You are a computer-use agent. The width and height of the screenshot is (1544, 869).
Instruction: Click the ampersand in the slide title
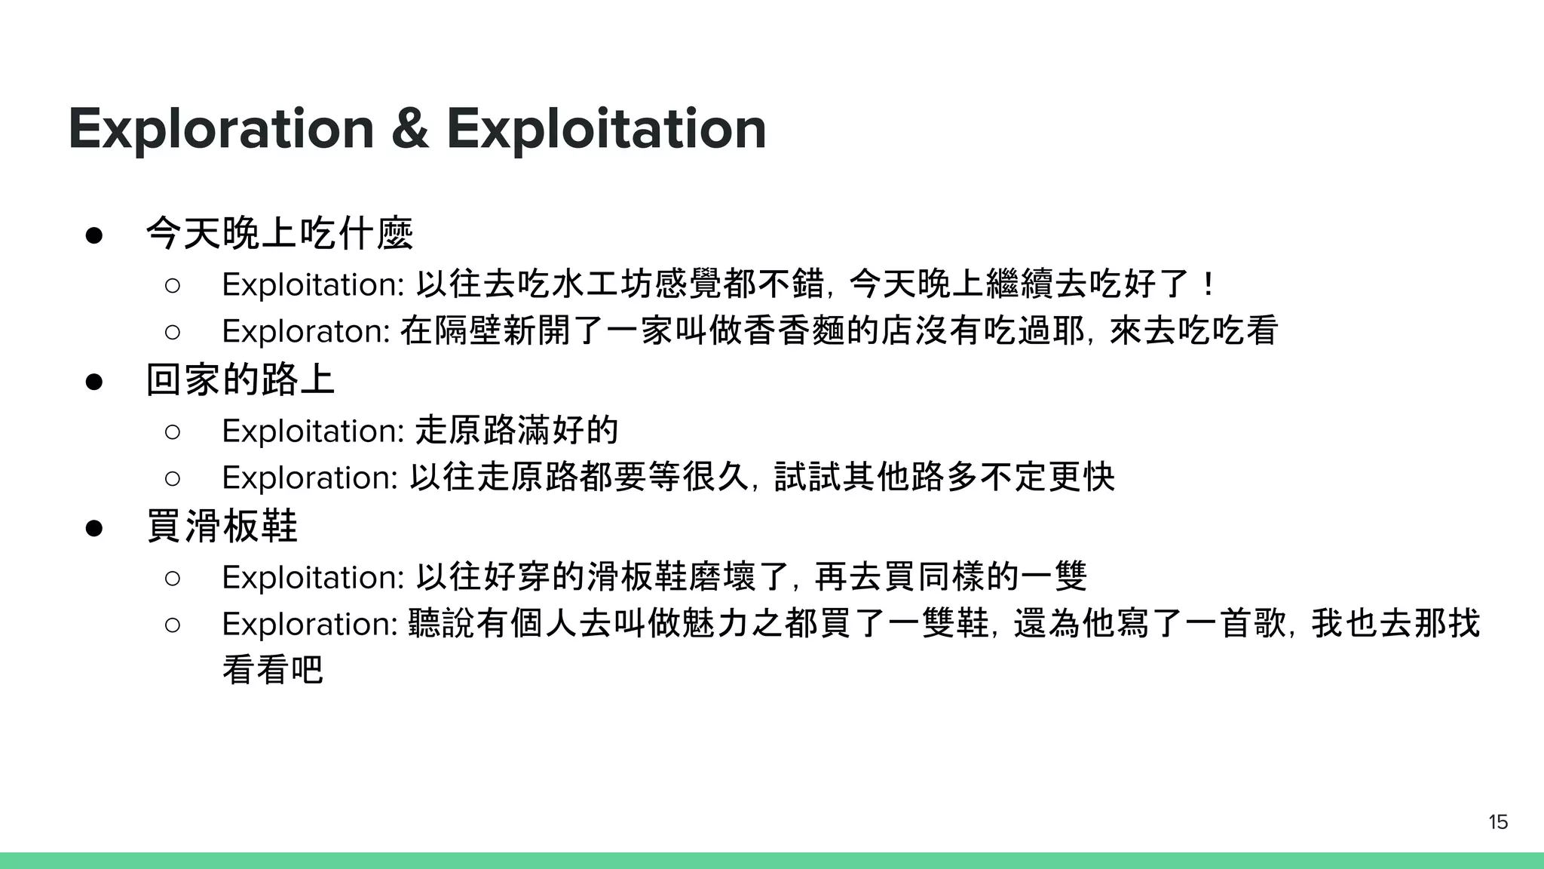(x=410, y=129)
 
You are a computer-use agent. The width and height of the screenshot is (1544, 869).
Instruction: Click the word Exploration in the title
(x=221, y=129)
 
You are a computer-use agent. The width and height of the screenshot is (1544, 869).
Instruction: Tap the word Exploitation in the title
(x=606, y=129)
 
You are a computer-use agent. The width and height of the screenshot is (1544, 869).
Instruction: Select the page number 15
(x=1498, y=822)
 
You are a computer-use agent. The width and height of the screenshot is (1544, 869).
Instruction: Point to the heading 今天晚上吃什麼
(x=280, y=233)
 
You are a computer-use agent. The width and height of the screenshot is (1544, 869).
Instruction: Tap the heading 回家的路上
(x=240, y=379)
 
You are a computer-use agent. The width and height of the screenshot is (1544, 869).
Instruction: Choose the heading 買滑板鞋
(x=222, y=526)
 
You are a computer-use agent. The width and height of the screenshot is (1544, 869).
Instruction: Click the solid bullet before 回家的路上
(x=94, y=381)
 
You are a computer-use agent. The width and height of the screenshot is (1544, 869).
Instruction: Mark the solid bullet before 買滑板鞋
(x=94, y=527)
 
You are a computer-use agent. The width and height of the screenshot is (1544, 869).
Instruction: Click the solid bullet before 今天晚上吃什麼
(x=94, y=235)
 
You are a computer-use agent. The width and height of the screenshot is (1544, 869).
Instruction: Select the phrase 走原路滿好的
(x=517, y=431)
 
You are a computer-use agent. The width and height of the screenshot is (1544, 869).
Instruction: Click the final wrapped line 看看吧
(x=273, y=669)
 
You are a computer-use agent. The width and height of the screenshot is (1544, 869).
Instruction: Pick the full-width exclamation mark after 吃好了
(x=1209, y=284)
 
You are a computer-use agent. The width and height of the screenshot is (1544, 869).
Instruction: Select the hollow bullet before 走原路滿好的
(x=172, y=431)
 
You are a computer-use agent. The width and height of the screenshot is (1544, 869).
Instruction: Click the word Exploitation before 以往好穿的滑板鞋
(x=314, y=578)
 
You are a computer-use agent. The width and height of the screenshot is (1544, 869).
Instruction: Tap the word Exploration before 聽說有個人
(x=310, y=625)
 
